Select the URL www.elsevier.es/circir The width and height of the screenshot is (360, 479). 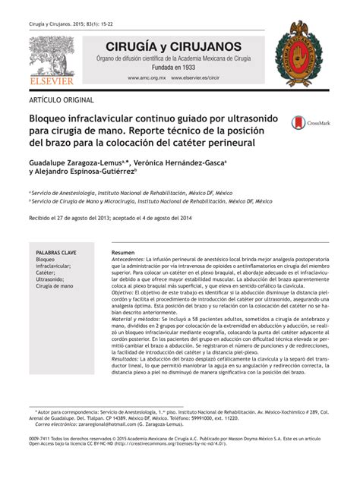pyautogui.click(x=195, y=77)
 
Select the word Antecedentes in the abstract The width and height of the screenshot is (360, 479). pyautogui.click(x=129, y=259)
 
